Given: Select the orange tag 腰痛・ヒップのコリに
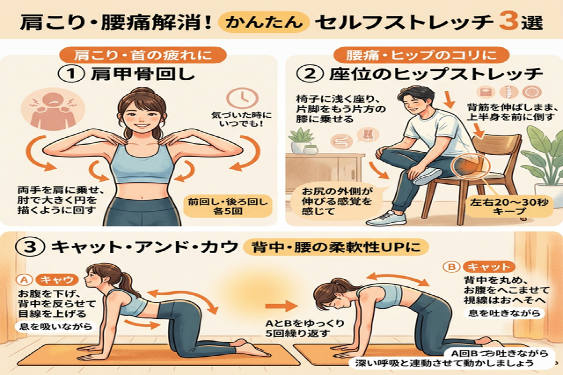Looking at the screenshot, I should coord(420,55).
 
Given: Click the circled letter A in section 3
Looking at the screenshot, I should coord(23,279).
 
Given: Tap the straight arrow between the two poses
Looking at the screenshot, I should coord(276,307).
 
